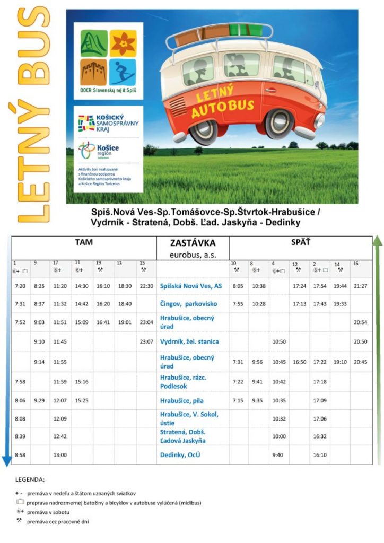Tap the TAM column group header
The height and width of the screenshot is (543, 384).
click(84, 242)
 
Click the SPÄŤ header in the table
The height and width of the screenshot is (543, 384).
click(300, 242)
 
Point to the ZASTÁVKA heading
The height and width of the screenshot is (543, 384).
click(193, 243)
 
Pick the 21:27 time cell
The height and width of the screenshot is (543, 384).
click(361, 286)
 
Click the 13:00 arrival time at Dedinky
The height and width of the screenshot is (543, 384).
click(60, 455)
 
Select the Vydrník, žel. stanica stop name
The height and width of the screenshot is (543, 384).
click(189, 342)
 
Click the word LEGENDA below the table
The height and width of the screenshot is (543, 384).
click(30, 479)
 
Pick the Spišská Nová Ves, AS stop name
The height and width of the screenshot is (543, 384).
click(191, 286)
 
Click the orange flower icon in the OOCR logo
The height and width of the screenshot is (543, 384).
click(123, 43)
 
